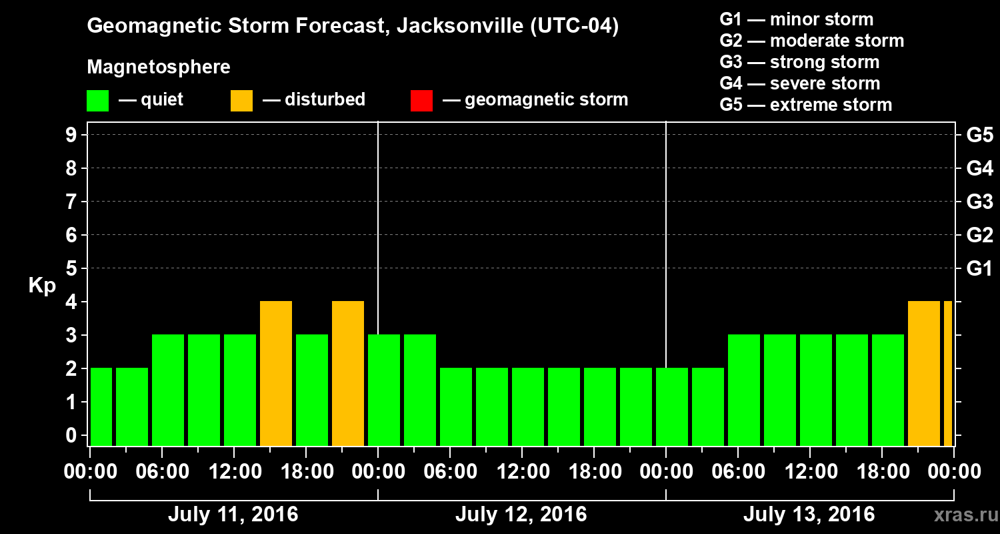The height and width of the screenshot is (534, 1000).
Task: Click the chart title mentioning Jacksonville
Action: tap(353, 27)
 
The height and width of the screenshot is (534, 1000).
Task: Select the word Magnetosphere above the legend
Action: tap(159, 67)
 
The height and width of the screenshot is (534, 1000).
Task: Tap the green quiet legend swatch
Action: tap(98, 100)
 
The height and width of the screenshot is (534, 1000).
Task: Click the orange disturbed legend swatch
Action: tap(241, 100)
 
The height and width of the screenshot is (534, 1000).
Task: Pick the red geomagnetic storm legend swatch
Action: tap(421, 100)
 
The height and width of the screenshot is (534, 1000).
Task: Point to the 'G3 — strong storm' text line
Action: tap(799, 62)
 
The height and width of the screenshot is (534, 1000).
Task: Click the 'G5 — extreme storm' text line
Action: tap(805, 105)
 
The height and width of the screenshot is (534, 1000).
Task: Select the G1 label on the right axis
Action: tap(979, 269)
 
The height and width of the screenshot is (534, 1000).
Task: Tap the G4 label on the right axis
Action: tap(979, 168)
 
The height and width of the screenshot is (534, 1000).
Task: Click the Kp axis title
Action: tap(42, 286)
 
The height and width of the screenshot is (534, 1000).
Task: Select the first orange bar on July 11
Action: tap(276, 373)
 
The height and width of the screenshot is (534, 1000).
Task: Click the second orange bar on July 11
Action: tap(348, 373)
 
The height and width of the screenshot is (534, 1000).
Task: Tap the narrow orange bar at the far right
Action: tap(947, 373)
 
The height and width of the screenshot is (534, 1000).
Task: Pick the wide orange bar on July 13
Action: tap(924, 373)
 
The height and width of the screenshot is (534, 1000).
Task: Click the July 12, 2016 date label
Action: tap(521, 515)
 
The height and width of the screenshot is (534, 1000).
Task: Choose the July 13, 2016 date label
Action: tap(809, 515)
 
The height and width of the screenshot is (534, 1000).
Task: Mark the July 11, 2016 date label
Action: tap(233, 515)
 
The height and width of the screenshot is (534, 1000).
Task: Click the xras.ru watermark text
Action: tap(961, 515)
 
